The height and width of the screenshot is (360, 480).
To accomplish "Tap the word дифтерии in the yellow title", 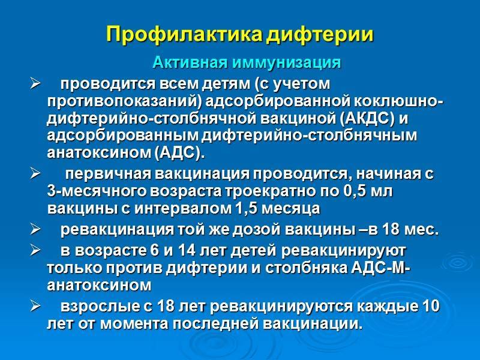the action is (x=320, y=34).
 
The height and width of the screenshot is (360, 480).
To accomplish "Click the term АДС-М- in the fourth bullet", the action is (x=380, y=268).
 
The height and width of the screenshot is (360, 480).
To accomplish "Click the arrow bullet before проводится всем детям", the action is (x=35, y=84).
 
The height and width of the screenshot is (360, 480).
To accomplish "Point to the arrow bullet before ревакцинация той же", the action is (x=35, y=230).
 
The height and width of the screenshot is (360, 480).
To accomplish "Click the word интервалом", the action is (x=184, y=209).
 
